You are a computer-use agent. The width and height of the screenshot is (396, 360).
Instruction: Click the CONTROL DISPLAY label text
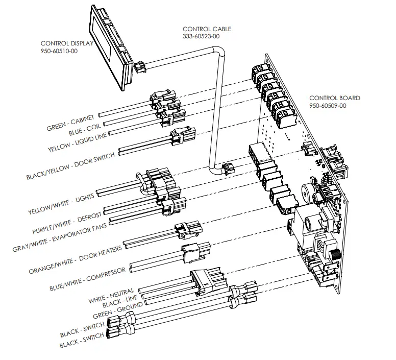[x=67, y=43]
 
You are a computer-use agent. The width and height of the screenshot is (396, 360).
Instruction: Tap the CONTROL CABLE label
[x=207, y=29]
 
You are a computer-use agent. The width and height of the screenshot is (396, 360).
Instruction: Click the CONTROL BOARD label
[x=334, y=98]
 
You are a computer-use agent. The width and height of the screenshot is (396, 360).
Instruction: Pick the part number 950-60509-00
[x=328, y=106]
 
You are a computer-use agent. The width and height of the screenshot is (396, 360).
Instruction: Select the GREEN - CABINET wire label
[x=70, y=123]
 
